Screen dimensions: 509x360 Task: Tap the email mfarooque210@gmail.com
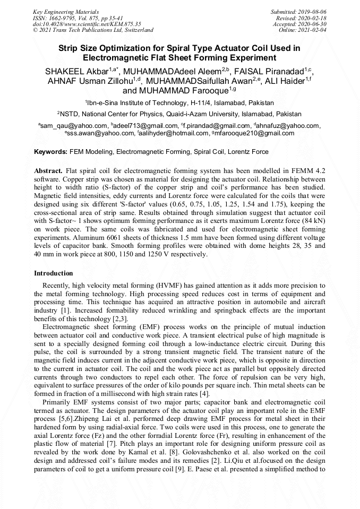pos(254,133)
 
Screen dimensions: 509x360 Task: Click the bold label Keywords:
pos(50,152)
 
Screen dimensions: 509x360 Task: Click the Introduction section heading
pos(54,273)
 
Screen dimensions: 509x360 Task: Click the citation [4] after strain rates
pos(207,393)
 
